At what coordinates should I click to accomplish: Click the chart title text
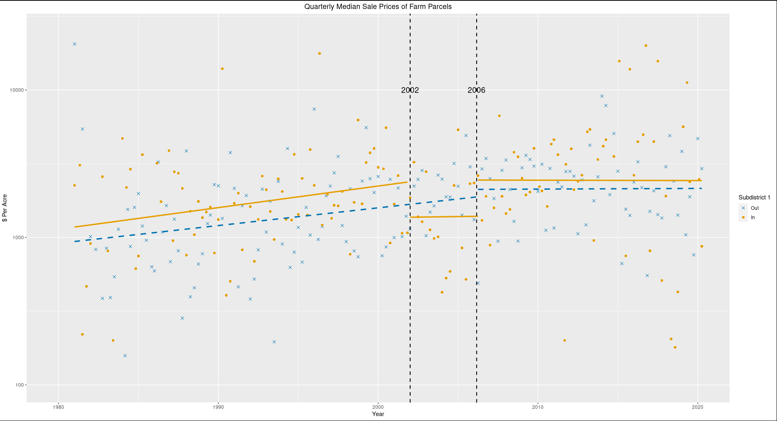pyautogui.click(x=378, y=6)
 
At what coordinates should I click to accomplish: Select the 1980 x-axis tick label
pyautogui.click(x=58, y=406)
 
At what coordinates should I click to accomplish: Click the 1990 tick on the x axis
pyautogui.click(x=218, y=406)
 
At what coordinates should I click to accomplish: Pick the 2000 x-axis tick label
pyautogui.click(x=378, y=406)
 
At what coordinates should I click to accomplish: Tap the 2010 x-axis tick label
pyautogui.click(x=538, y=406)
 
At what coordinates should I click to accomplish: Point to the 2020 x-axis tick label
pyautogui.click(x=698, y=406)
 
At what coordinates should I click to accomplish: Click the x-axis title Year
pyautogui.click(x=378, y=414)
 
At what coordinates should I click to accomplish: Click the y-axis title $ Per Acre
pyautogui.click(x=5, y=208)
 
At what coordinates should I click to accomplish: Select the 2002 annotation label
pyautogui.click(x=410, y=90)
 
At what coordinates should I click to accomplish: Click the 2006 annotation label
pyautogui.click(x=476, y=90)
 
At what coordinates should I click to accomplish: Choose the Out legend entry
pyautogui.click(x=754, y=208)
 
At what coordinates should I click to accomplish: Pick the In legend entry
pyautogui.click(x=753, y=217)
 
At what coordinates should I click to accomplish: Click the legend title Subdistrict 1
pyautogui.click(x=754, y=198)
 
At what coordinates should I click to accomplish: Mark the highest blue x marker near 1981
pyautogui.click(x=75, y=44)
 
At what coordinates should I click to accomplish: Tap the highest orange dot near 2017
pyautogui.click(x=646, y=46)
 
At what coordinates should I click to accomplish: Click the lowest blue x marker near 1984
pyautogui.click(x=125, y=356)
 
